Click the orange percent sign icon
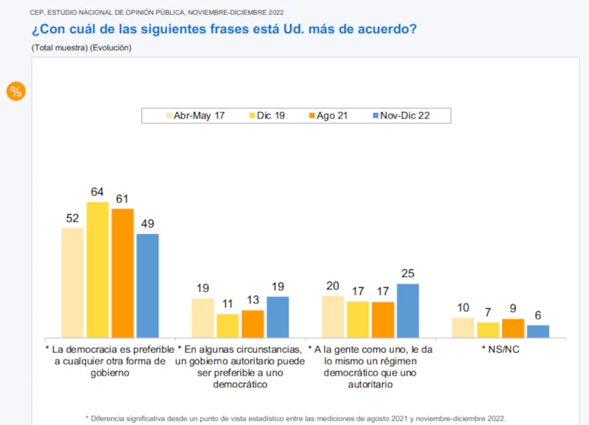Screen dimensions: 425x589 (15, 91)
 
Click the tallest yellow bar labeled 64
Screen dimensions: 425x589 (97, 270)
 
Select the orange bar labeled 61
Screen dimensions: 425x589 (122, 273)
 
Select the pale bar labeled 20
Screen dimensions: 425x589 (333, 317)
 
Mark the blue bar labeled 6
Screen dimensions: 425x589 (538, 331)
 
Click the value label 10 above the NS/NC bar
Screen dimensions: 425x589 (462, 308)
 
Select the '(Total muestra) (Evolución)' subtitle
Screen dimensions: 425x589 (81, 47)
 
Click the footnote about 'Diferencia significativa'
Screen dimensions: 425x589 (296, 418)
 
